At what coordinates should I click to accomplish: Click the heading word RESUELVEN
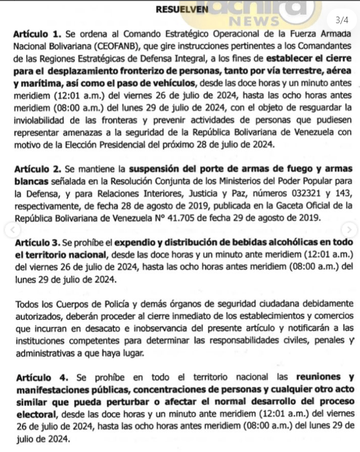pos(176,9)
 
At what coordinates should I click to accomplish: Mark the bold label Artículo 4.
pos(40,378)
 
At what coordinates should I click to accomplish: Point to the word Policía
pos(107,305)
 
